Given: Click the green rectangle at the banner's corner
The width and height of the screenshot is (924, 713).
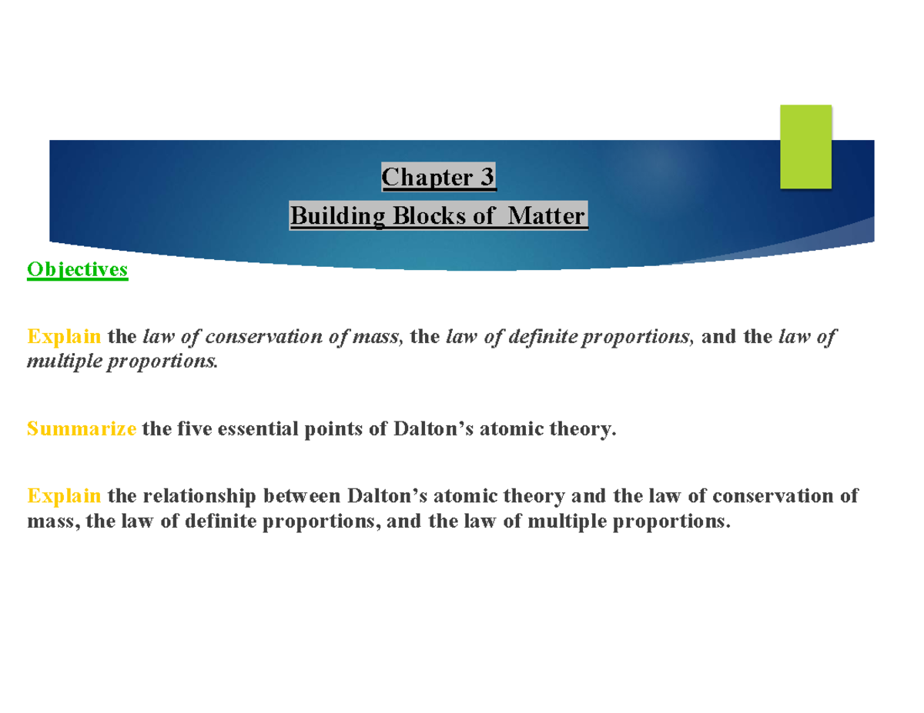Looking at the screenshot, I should pos(805,147).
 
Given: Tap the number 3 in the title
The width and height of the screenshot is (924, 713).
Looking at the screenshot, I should pos(487,178).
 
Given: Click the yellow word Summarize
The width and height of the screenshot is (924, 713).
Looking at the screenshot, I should pos(82,429).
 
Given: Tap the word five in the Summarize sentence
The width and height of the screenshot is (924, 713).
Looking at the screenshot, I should pos(182,429).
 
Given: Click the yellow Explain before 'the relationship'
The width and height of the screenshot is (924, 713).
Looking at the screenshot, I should pos(64,496).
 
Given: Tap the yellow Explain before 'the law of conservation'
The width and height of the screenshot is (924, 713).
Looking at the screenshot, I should pos(64,337).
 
